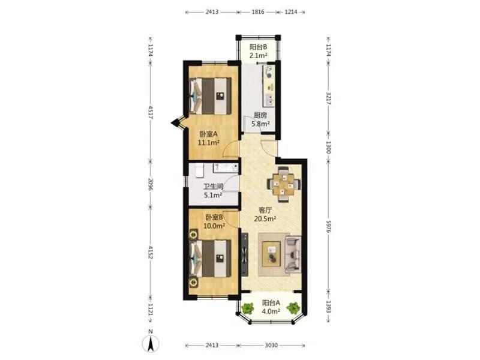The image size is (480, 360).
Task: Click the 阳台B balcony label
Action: click(x=258, y=47)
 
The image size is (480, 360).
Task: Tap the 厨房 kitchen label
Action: click(x=260, y=115)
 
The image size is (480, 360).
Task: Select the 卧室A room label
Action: click(x=208, y=134)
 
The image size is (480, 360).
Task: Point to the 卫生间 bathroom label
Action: click(x=213, y=187)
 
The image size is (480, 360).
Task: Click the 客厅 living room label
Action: click(x=265, y=211)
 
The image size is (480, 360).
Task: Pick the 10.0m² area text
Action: click(x=214, y=226)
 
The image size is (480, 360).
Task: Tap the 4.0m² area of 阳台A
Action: click(x=271, y=311)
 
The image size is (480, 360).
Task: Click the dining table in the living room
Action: click(x=283, y=184)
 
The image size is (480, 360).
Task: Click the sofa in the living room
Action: click(x=293, y=254)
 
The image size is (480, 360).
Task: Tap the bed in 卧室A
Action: click(x=210, y=96)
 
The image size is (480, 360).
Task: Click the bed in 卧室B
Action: click(x=210, y=259)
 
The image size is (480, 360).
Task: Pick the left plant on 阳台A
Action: click(x=247, y=308)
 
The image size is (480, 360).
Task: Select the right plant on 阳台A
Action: click(x=293, y=308)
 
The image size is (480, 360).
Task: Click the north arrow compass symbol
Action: click(x=151, y=343)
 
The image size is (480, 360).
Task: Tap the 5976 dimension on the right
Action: click(x=328, y=226)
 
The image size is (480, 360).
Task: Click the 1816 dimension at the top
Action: click(x=258, y=12)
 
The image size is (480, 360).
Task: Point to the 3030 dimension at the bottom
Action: click(x=271, y=346)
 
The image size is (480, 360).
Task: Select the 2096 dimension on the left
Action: click(x=151, y=184)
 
